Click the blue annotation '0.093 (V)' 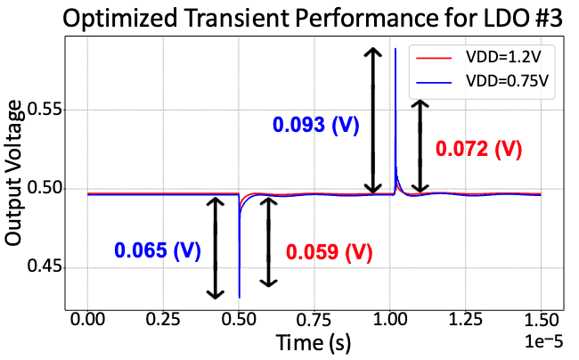tap(316, 126)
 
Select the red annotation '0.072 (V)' tap(477, 149)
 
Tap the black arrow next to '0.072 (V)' tap(418, 146)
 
